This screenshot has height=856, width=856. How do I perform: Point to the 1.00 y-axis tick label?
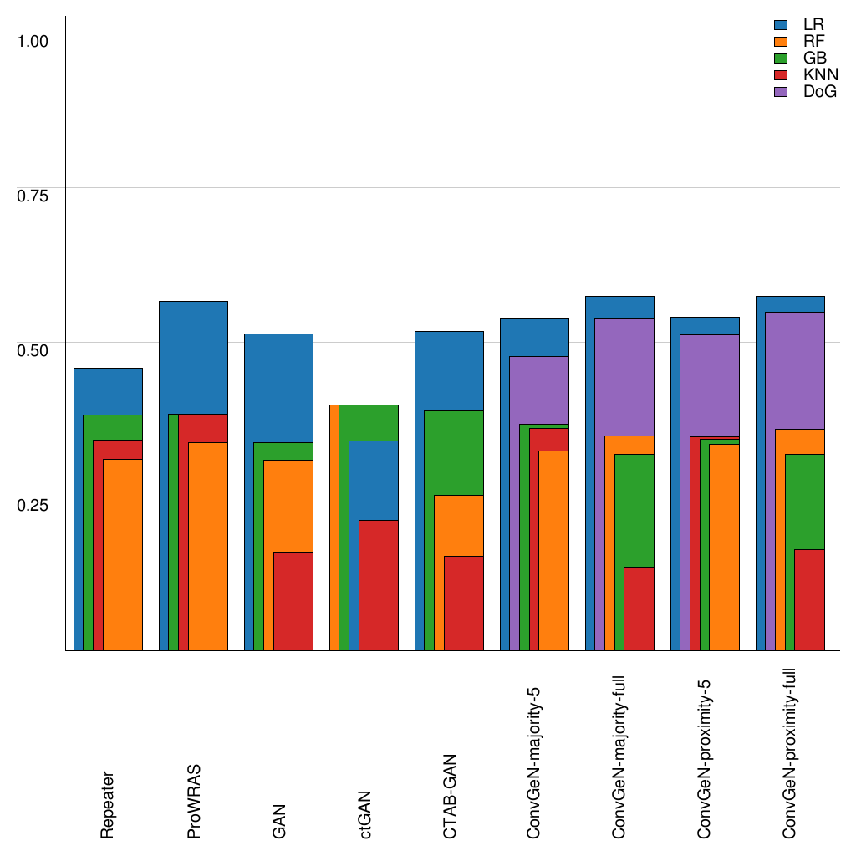pos(33,40)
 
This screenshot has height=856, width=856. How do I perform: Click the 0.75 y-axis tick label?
pos(33,195)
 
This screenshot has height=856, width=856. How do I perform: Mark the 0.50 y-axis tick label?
pos(33,349)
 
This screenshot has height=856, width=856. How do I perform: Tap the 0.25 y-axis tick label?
pos(33,504)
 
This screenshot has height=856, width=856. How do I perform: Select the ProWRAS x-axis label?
pos(194,801)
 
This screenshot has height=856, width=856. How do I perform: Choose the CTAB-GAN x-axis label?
pos(450,794)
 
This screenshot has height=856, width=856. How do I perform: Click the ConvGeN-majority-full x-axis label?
pos(620,753)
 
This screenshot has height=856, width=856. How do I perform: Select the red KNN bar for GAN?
pos(293,601)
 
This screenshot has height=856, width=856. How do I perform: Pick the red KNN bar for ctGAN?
pos(379,585)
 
